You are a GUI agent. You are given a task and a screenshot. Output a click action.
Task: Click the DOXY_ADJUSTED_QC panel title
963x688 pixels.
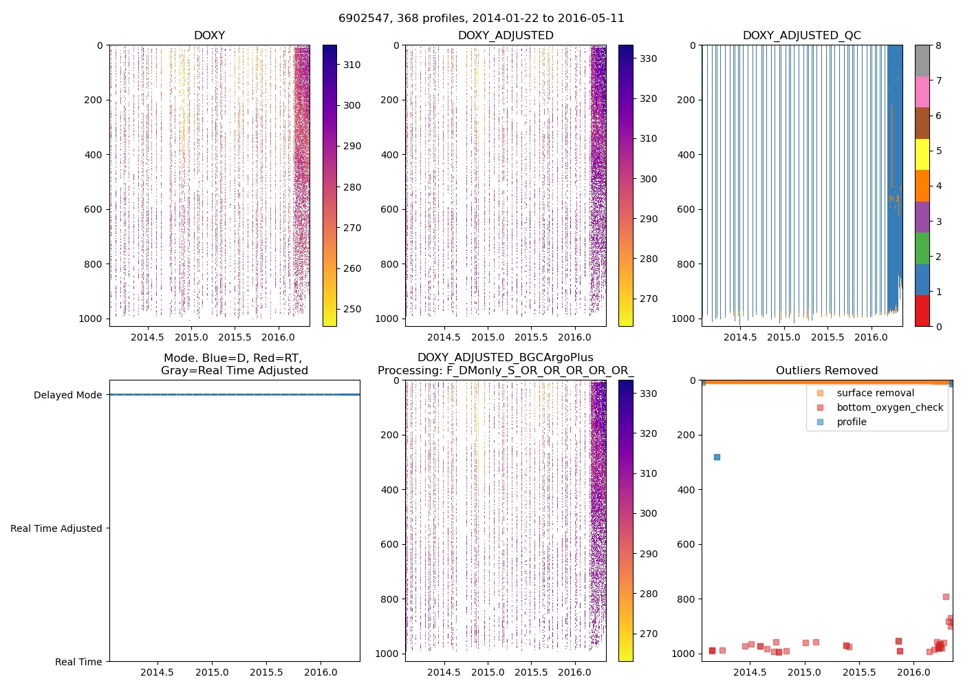(x=801, y=36)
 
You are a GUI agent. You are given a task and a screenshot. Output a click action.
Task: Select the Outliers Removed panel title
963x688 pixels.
(x=827, y=371)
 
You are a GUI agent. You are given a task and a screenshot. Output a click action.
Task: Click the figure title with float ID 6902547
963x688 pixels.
(x=481, y=19)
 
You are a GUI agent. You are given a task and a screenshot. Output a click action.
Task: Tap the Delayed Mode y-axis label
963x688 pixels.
(x=67, y=395)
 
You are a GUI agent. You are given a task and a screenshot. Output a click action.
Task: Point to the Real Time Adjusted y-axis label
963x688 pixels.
(x=56, y=528)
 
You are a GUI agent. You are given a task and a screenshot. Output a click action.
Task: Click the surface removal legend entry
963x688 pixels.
(x=875, y=393)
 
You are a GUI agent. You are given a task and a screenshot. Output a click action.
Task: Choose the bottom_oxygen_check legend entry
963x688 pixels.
(x=889, y=407)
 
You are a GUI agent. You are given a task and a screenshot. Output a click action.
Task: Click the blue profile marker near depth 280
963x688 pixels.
(x=717, y=457)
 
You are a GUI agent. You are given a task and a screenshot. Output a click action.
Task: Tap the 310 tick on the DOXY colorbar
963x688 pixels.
(x=352, y=65)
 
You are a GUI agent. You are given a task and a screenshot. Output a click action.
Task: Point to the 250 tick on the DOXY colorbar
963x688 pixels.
(x=352, y=309)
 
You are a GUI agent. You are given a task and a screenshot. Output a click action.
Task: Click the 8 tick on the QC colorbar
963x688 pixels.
(x=938, y=45)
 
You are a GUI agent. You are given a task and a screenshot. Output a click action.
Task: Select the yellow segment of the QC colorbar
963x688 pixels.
(x=922, y=154)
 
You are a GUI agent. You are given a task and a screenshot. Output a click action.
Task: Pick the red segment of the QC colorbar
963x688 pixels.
(x=922, y=310)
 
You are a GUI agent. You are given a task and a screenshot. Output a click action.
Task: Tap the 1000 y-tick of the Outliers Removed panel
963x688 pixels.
(x=686, y=654)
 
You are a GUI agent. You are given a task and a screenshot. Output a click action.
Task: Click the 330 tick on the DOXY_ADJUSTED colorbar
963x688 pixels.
(x=648, y=58)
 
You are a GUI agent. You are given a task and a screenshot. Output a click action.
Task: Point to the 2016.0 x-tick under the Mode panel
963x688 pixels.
(x=321, y=672)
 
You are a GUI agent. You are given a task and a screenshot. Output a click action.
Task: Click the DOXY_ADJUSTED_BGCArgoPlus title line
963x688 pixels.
(x=505, y=358)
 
